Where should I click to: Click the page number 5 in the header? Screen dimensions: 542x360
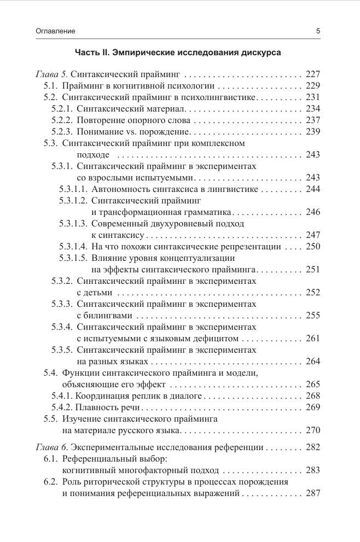(x=318, y=31)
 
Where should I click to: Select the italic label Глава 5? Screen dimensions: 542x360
(x=53, y=74)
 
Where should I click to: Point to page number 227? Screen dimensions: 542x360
(x=312, y=74)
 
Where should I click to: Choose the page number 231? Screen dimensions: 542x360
(x=312, y=97)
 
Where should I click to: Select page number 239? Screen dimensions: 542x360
(x=312, y=132)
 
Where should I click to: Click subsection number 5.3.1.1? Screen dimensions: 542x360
(x=74, y=189)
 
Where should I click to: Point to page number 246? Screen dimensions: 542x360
(x=312, y=212)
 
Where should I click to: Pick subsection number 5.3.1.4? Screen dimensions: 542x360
(x=74, y=247)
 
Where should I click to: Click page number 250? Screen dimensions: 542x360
(x=312, y=247)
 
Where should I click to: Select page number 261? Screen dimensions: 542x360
(x=312, y=339)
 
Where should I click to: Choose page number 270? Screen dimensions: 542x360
(x=312, y=430)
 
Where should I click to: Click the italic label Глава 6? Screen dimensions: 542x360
(x=53, y=447)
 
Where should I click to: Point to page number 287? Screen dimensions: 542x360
(x=312, y=493)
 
